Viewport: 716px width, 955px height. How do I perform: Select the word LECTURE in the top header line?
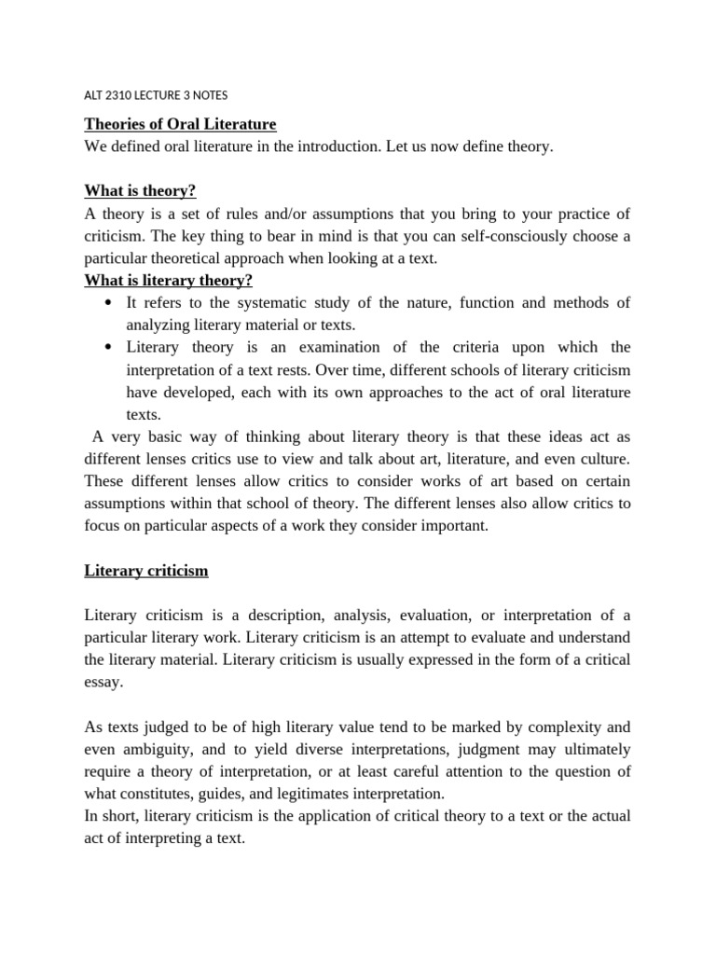[165, 95]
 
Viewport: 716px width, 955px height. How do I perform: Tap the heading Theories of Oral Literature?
[180, 125]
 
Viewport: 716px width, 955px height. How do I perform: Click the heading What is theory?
[140, 191]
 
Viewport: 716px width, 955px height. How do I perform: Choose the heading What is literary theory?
[169, 281]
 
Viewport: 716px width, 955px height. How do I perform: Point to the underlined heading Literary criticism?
[146, 571]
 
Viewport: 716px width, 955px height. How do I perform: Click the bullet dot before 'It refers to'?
[110, 303]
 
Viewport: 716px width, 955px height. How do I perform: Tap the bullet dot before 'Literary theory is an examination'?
[110, 348]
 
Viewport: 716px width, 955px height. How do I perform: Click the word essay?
[103, 682]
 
